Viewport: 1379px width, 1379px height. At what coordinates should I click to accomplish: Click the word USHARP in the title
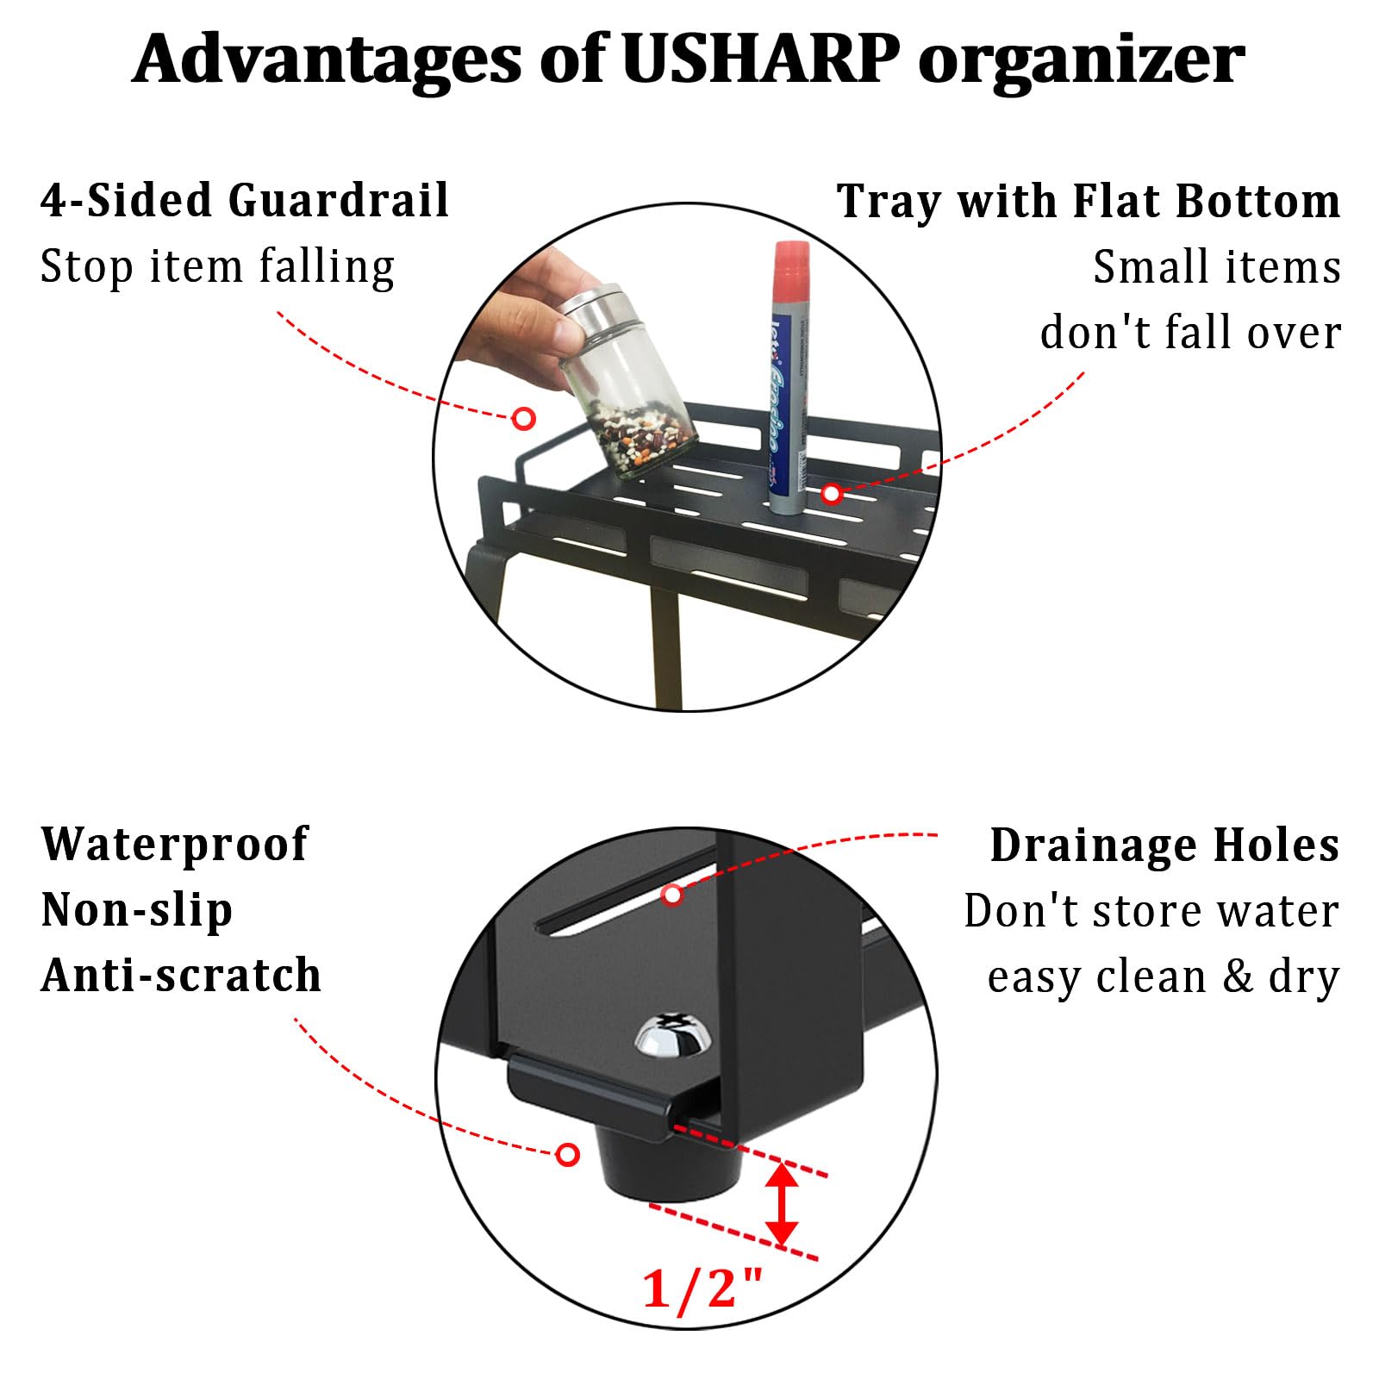coord(759,59)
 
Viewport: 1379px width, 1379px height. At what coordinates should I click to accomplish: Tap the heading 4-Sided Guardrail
coord(245,201)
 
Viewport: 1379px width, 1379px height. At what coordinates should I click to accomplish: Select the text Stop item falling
coord(217,267)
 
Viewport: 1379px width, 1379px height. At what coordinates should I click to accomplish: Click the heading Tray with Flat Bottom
coord(1089,202)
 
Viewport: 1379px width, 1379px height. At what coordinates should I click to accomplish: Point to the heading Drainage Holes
coord(1164,845)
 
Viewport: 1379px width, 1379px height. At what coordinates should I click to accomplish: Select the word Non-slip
coord(137,910)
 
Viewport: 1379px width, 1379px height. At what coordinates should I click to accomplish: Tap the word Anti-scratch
coord(181,976)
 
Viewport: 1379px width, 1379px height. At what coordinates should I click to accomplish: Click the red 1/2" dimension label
coord(702,1289)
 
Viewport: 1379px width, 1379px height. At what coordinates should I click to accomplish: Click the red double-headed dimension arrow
coord(782,1203)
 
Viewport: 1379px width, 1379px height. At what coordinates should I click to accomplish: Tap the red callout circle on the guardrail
coord(523,419)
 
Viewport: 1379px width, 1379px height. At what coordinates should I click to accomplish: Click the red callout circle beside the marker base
coord(831,494)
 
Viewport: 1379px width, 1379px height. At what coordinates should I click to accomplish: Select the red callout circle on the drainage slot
coord(672,895)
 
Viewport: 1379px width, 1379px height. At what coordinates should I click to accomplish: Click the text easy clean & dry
coord(1163,977)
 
